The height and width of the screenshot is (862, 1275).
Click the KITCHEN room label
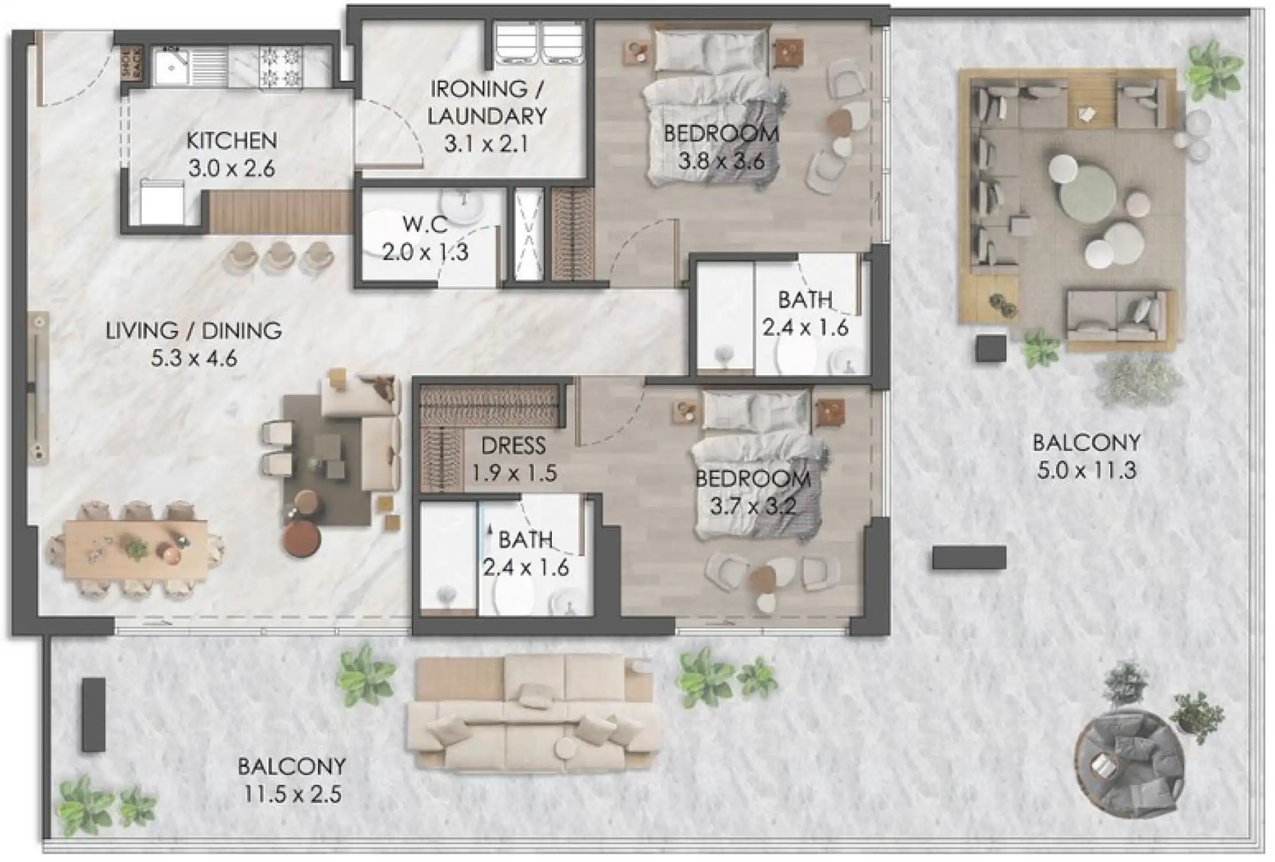click(232, 140)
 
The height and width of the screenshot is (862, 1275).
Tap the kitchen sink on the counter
click(171, 67)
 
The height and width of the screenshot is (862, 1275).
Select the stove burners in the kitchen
click(280, 67)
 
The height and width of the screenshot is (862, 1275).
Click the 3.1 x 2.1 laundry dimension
click(486, 144)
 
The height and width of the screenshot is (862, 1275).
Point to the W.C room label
click(425, 224)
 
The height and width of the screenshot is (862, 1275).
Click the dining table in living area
click(136, 549)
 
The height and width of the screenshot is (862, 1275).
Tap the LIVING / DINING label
click(194, 331)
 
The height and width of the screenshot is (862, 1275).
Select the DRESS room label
click(513, 445)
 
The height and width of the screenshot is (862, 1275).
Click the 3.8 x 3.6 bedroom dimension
click(721, 161)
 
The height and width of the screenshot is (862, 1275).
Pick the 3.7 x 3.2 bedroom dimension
click(753, 507)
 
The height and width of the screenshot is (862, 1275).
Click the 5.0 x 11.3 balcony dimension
click(1086, 471)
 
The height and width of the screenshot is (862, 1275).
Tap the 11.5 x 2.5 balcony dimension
click(292, 795)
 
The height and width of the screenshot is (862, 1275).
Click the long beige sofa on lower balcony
click(534, 715)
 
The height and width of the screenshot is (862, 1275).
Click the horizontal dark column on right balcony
click(969, 557)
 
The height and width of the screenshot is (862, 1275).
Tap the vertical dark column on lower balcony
click(94, 715)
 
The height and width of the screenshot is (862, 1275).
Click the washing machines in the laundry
click(540, 43)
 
